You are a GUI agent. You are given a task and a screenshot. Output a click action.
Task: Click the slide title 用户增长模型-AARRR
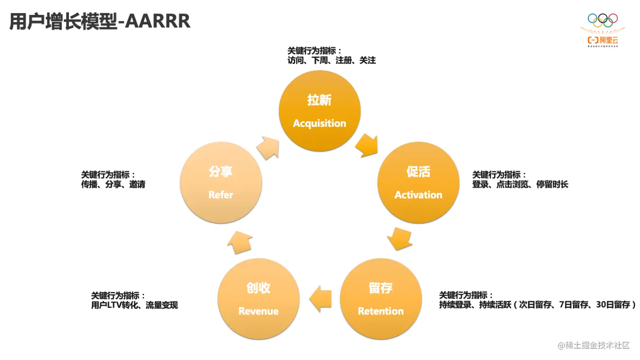[99, 21]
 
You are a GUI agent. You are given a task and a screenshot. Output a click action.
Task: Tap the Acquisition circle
[320, 111]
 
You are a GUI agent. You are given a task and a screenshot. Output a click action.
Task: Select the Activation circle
[418, 182]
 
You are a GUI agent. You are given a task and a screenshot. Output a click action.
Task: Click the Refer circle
[221, 182]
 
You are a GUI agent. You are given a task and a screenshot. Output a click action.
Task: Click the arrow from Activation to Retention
[400, 238]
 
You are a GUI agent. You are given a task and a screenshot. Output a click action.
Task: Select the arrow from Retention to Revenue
[320, 298]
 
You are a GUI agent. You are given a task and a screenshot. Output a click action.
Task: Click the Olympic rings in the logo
[603, 20]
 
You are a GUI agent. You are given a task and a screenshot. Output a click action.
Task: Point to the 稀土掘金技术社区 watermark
[594, 345]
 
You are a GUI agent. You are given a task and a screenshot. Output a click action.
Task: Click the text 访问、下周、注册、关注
[331, 60]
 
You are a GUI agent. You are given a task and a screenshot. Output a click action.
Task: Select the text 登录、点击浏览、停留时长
[520, 184]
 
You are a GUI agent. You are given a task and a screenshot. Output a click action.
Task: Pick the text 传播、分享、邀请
[113, 184]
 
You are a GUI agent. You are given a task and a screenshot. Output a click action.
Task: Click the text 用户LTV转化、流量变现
[134, 305]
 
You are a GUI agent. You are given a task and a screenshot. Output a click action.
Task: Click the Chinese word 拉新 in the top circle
[319, 100]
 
